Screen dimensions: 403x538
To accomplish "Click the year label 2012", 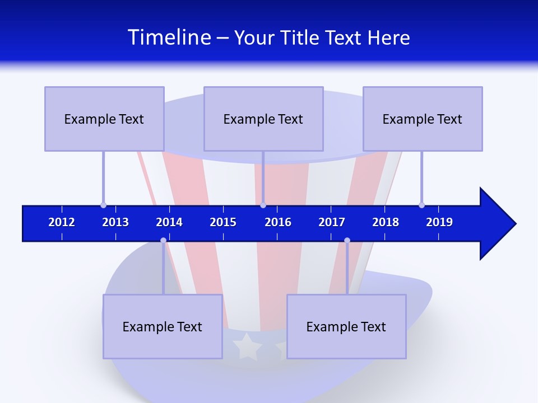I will click(x=62, y=222).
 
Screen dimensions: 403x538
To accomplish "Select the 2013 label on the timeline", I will click(x=115, y=222).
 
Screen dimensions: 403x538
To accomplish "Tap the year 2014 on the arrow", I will click(x=169, y=222).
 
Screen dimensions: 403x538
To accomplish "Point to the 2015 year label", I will click(x=223, y=222).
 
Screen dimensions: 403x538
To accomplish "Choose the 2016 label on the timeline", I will click(x=278, y=222).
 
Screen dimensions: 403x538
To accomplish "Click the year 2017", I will click(x=332, y=222).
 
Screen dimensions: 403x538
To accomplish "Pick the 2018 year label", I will click(x=386, y=222).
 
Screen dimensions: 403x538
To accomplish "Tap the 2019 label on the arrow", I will click(x=439, y=222).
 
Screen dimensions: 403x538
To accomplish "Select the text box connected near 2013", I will click(x=104, y=119).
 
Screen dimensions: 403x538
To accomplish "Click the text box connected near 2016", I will click(x=263, y=119).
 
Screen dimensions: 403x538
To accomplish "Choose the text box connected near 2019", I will click(x=423, y=119).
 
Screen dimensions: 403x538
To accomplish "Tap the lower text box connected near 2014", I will click(x=163, y=326).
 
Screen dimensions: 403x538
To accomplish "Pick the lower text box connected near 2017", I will click(x=346, y=326).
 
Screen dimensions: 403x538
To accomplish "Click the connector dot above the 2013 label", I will click(x=103, y=205).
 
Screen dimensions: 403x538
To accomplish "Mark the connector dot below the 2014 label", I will click(x=163, y=241).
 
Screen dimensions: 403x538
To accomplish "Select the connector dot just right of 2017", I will click(x=347, y=241).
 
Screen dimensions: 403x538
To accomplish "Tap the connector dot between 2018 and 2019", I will click(x=421, y=205).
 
